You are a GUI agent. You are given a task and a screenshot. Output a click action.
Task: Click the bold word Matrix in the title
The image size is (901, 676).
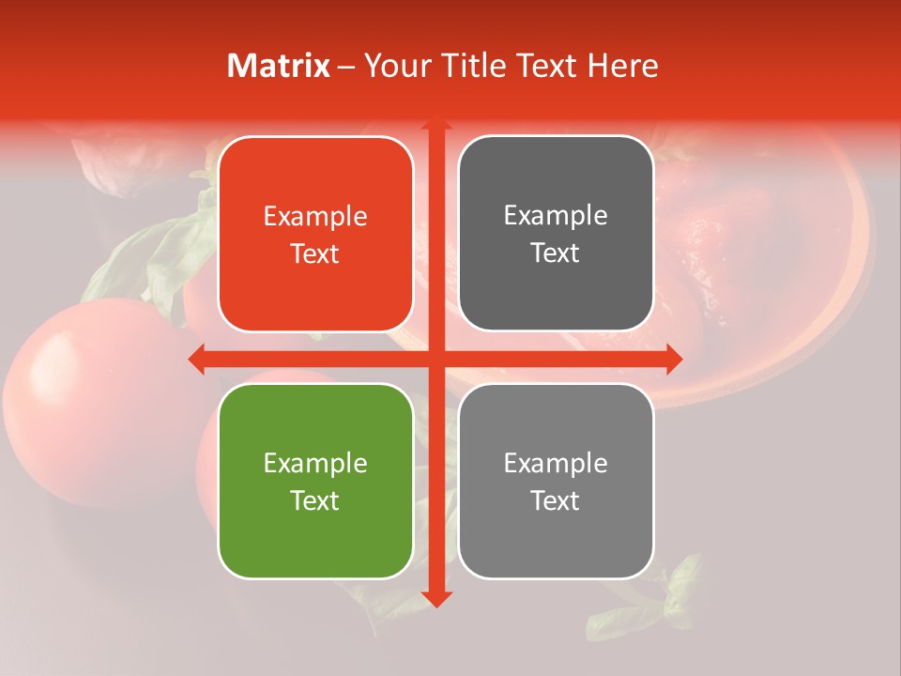point(279,66)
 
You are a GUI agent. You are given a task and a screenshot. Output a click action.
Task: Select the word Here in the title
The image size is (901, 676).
point(623,66)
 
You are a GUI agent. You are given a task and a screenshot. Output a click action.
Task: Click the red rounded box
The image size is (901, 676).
point(315,234)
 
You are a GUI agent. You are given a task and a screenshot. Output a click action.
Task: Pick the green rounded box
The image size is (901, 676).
point(315,481)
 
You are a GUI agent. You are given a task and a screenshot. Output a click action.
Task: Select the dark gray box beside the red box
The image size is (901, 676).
point(556,234)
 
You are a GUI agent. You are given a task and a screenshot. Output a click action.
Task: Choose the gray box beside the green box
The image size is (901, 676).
point(556,481)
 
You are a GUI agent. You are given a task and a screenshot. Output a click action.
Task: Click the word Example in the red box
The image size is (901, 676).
point(315,217)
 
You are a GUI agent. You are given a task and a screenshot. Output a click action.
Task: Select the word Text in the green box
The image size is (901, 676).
point(315,500)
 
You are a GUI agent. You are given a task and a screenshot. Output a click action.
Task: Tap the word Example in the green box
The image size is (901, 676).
point(315,464)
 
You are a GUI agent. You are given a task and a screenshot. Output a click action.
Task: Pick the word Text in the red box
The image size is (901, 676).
point(315,253)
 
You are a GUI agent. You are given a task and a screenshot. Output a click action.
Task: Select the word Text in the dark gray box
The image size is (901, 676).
point(556,253)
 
